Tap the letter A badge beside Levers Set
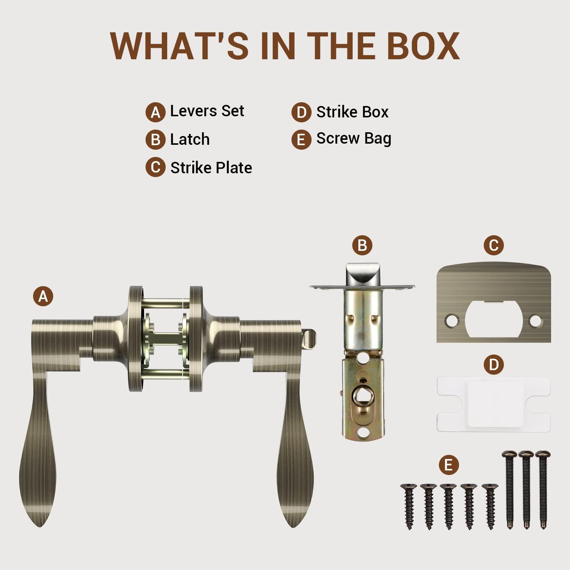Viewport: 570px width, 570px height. [155, 112]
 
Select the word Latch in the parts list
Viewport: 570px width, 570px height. [190, 139]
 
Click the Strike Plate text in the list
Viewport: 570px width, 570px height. [211, 168]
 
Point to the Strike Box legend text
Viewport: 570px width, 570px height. [352, 112]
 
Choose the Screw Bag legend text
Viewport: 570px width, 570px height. [354, 139]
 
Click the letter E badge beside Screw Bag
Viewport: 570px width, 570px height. [301, 139]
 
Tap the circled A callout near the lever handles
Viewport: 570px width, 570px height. [43, 296]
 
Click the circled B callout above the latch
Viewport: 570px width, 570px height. [362, 245]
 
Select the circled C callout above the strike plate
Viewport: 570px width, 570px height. [494, 245]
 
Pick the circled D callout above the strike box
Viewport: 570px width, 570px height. [494, 364]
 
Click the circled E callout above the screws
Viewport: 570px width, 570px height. [448, 465]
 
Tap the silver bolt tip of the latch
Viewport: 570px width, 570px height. [363, 274]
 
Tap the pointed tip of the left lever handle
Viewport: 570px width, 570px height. [39, 526]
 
